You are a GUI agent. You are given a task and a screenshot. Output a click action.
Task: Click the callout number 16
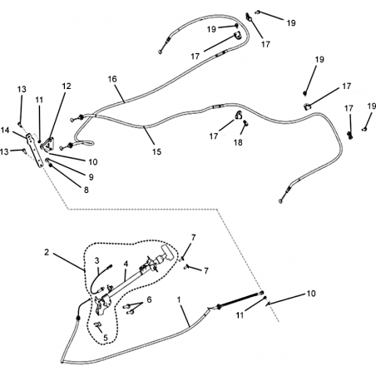click(112, 79)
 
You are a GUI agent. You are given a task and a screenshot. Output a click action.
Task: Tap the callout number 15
click(156, 151)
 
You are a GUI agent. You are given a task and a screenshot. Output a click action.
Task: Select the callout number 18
click(238, 142)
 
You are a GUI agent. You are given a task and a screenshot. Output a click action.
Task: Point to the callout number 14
click(5, 130)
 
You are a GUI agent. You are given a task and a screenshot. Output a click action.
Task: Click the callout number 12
click(67, 87)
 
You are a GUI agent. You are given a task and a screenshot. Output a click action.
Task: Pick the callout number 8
click(87, 190)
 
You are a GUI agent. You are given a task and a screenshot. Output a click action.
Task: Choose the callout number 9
click(91, 177)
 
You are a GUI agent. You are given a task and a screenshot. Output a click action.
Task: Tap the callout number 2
click(47, 252)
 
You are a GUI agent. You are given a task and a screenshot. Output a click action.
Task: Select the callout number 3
click(96, 260)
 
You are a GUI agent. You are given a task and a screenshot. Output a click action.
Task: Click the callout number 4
click(126, 264)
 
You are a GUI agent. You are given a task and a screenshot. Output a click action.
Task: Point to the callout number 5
click(106, 338)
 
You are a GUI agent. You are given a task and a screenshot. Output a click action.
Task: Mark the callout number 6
click(149, 299)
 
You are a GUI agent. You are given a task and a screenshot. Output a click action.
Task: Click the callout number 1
click(179, 299)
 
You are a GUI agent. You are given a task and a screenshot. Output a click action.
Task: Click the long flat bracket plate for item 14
click(35, 151)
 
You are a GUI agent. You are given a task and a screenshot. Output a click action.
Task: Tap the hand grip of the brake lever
click(167, 253)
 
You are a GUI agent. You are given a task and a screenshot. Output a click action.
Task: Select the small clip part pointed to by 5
click(98, 325)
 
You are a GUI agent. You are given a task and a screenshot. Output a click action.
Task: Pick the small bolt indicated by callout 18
click(245, 122)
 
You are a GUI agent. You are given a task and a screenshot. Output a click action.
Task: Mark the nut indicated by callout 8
click(51, 166)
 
